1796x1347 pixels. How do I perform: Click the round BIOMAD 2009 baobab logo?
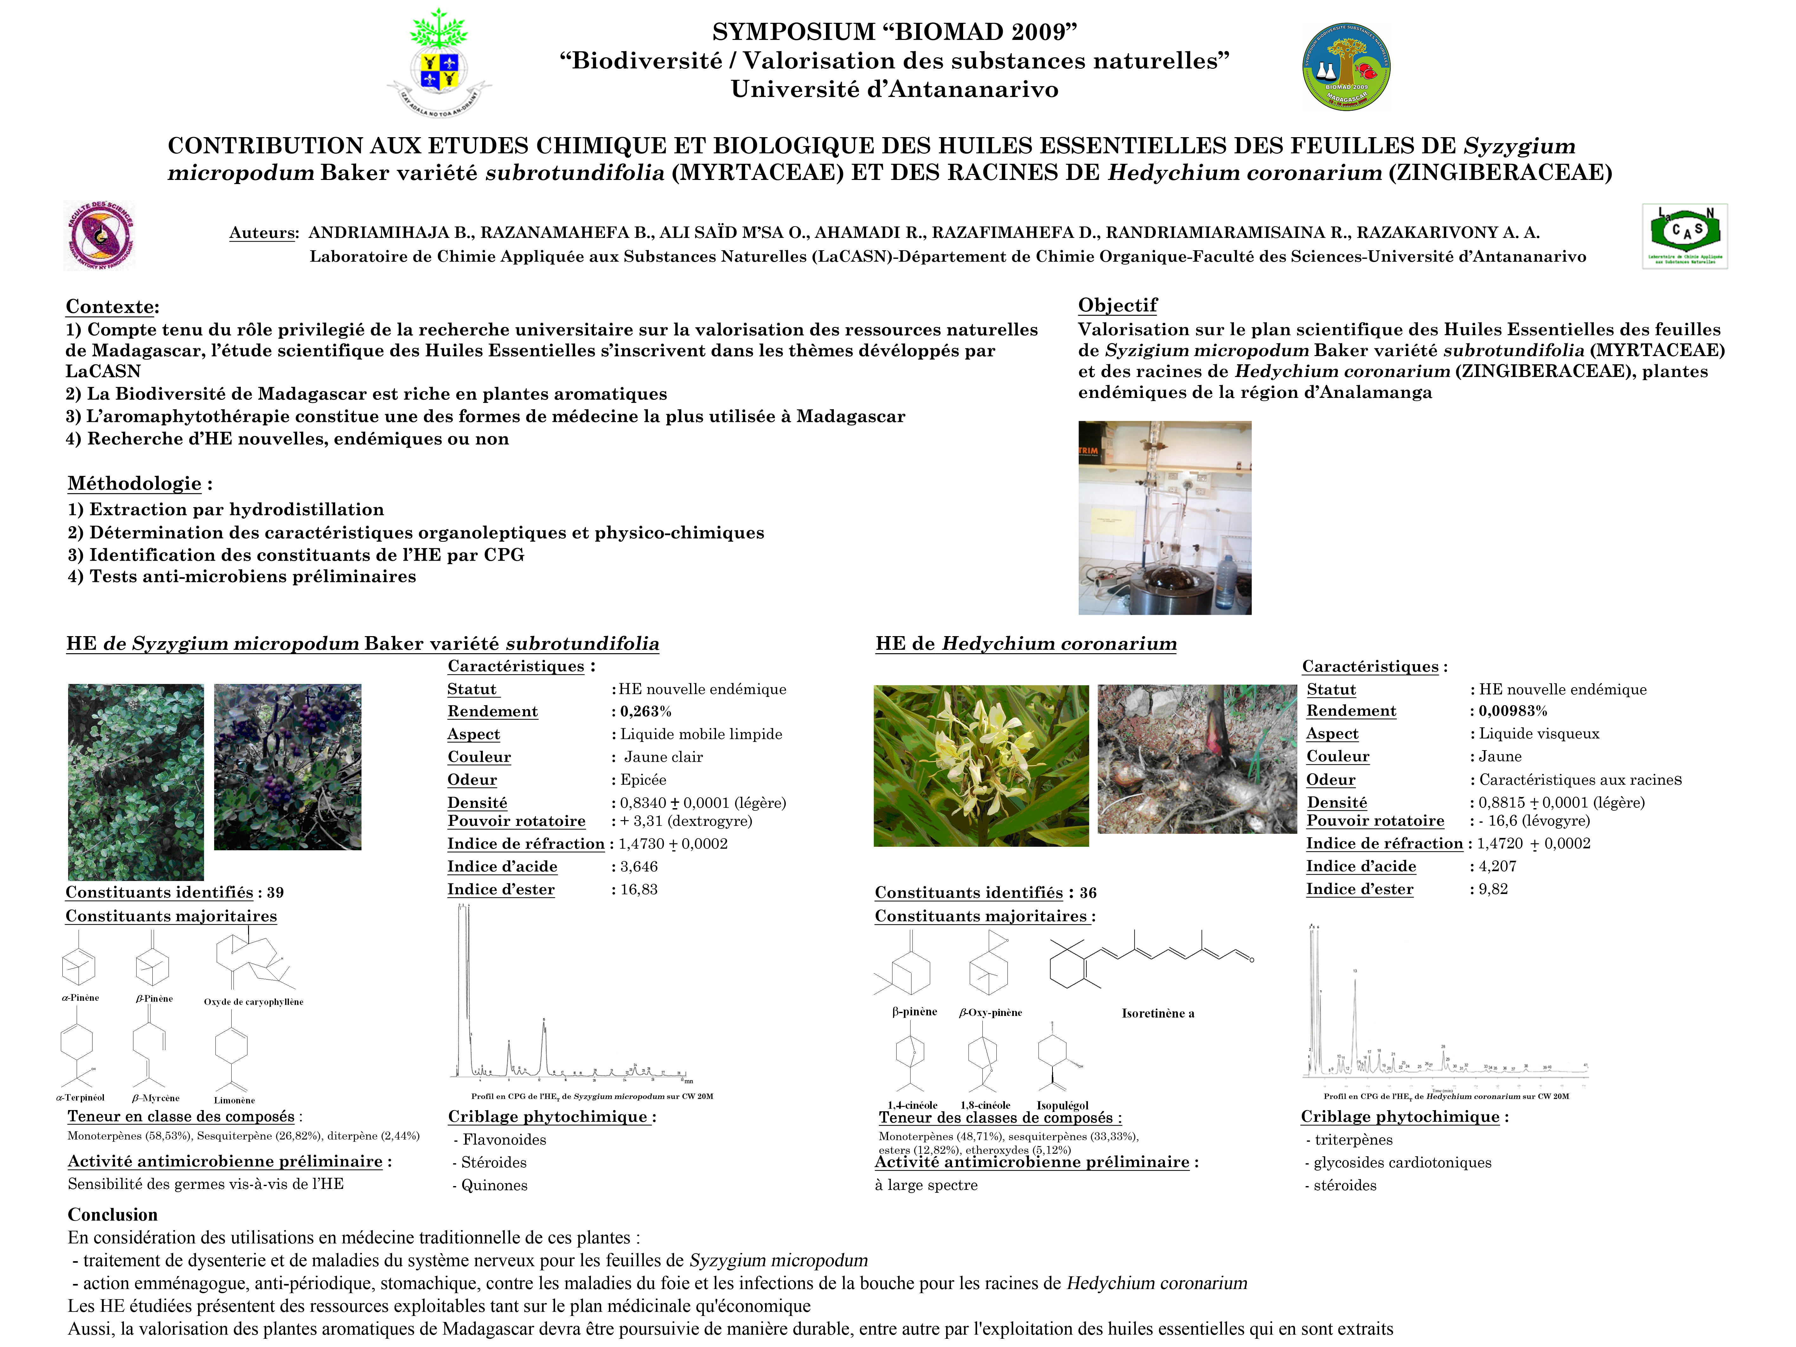pos(1346,67)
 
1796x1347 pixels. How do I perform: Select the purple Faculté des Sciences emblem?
pos(99,235)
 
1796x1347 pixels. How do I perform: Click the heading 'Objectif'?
pos(1117,305)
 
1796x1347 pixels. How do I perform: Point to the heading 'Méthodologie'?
pos(135,484)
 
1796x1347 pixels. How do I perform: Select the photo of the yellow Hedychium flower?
pos(981,766)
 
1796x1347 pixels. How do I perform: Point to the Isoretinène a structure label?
pos(1158,1013)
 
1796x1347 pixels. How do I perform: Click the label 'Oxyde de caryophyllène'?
pos(253,1002)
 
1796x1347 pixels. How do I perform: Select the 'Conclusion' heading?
pos(113,1215)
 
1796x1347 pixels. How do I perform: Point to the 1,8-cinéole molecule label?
pos(985,1105)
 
